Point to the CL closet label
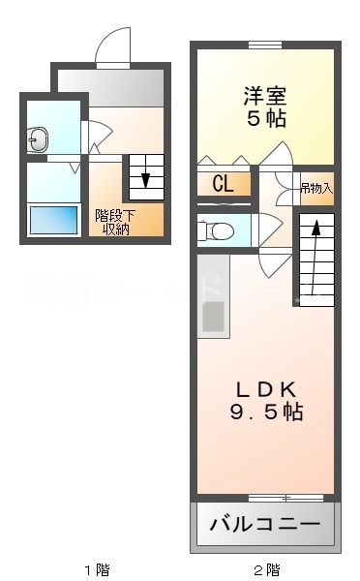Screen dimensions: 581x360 click(x=223, y=183)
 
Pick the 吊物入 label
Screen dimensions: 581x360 click(x=315, y=187)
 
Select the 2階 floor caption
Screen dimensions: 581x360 click(x=266, y=569)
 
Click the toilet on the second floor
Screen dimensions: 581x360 click(x=215, y=230)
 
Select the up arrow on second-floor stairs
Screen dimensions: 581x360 click(x=315, y=258)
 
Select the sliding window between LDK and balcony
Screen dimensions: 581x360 click(x=285, y=498)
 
